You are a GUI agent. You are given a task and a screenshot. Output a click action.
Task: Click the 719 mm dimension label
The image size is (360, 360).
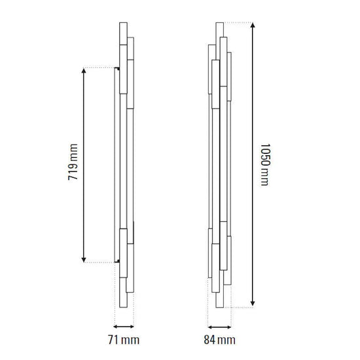point(73,162)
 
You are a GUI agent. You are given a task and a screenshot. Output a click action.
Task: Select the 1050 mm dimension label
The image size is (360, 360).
point(265,164)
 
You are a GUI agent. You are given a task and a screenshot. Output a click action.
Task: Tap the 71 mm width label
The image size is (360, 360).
point(124,340)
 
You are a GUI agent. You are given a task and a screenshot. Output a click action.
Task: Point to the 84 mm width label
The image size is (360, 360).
point(219,340)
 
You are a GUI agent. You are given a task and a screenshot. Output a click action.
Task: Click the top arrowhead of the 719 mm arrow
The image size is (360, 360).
point(84,71)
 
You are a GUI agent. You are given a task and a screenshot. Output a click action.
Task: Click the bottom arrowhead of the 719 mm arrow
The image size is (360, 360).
point(84,260)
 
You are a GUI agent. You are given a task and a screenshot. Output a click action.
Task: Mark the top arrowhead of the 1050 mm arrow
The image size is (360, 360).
point(253,25)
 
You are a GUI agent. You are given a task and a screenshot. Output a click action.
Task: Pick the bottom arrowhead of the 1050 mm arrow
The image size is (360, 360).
point(253,304)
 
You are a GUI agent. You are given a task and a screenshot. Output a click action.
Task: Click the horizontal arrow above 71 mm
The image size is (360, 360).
point(124,327)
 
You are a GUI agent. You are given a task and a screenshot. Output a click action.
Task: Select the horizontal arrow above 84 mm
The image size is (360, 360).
point(219,327)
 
